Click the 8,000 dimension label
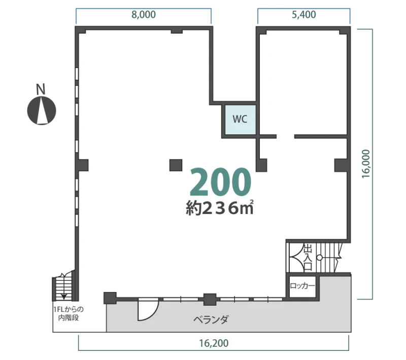click(x=144, y=15)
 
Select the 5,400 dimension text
click(x=303, y=15)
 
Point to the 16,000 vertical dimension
click(x=366, y=164)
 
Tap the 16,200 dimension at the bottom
click(x=214, y=343)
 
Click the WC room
click(x=240, y=120)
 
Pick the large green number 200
click(x=220, y=182)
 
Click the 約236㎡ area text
click(x=219, y=208)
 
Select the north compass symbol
click(x=42, y=111)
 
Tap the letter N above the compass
click(x=41, y=89)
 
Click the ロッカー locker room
click(x=302, y=286)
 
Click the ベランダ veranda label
click(x=211, y=319)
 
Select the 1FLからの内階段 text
click(x=69, y=313)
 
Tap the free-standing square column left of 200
click(x=176, y=165)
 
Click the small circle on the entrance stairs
click(x=320, y=258)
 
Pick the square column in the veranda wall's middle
click(x=210, y=300)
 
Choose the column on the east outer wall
click(x=341, y=165)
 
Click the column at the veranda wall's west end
click(x=110, y=298)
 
